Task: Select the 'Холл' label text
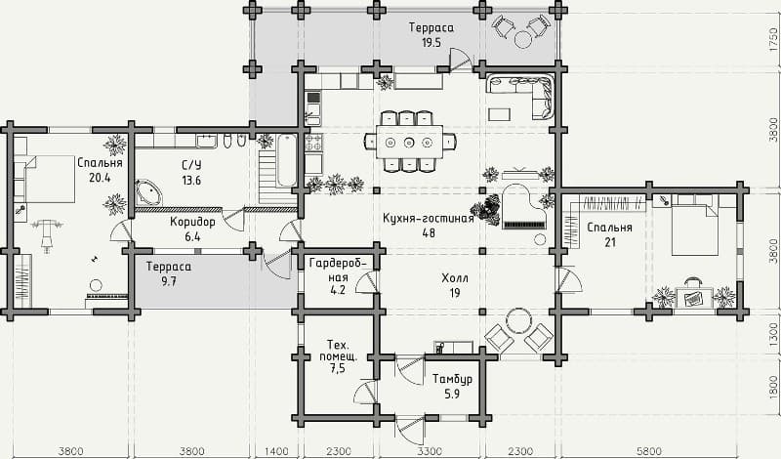[454, 278]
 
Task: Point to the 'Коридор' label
[191, 222]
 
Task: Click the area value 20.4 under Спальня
[100, 178]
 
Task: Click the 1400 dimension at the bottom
[277, 450]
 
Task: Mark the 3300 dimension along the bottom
[430, 450]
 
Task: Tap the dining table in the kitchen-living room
[410, 141]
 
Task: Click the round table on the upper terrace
[524, 38]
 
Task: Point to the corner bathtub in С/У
[150, 191]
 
